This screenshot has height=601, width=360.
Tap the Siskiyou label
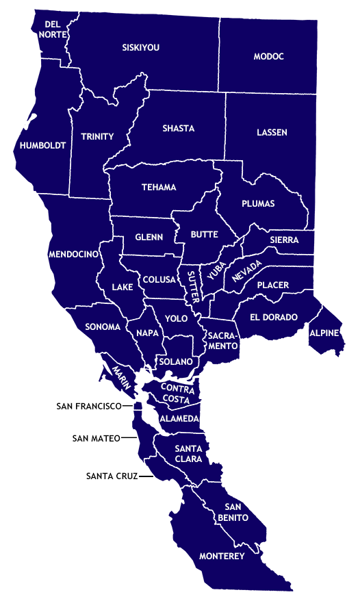pos(140,47)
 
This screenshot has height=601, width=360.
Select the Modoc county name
pos(268,56)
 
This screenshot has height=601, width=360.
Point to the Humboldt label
pos(42,146)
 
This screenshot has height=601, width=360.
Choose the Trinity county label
pos(97,136)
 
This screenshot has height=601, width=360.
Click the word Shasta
pos(178,128)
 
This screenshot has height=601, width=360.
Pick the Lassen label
pos(272,132)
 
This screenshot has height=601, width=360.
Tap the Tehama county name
pos(159,187)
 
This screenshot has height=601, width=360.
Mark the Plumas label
pos(258,203)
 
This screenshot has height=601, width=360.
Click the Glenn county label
pos(149,237)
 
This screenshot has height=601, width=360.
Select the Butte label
pos(204,234)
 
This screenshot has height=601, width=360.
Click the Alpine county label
pos(324,333)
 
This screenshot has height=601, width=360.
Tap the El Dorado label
pos(274,317)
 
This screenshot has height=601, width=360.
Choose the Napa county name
pos(147,333)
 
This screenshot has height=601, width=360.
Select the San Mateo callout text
pos(96,438)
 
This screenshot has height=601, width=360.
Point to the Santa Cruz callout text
pos(112,475)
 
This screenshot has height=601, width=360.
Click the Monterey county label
pos(221,557)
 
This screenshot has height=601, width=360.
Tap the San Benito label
pos(232,513)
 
